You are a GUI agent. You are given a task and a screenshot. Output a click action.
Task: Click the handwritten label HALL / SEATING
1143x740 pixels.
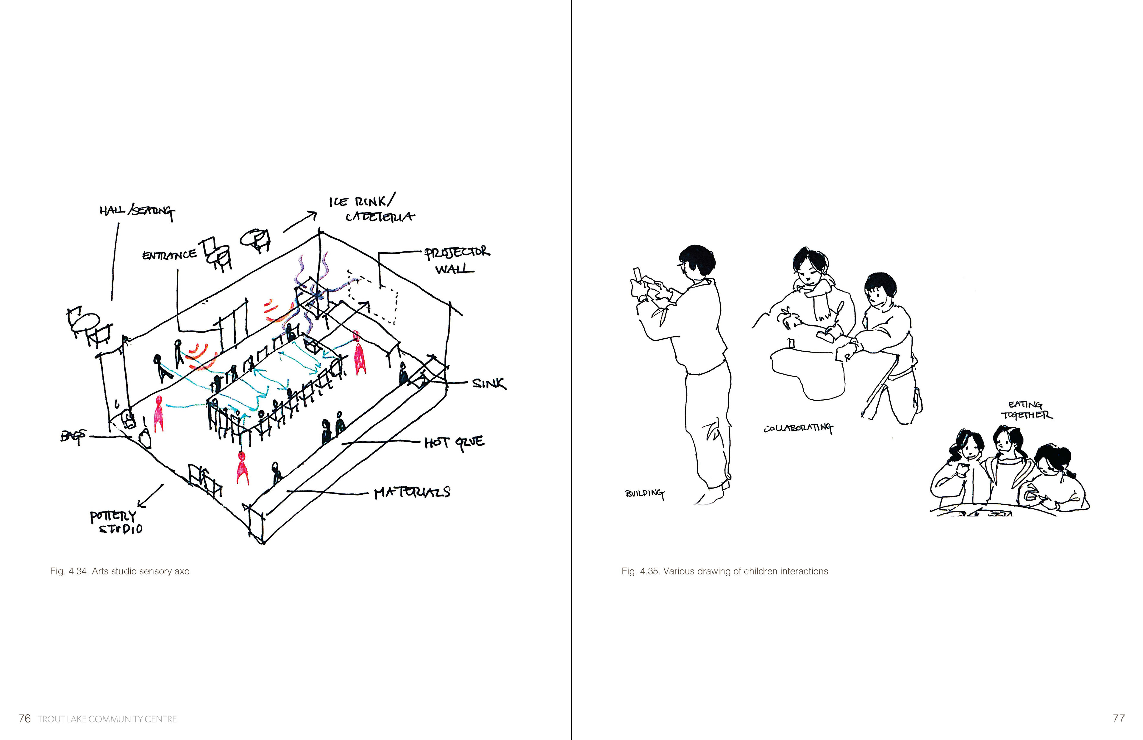[x=137, y=211]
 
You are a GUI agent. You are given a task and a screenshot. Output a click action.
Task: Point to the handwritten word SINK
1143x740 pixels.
[x=488, y=384]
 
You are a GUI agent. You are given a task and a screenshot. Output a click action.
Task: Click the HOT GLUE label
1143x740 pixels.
[x=454, y=443]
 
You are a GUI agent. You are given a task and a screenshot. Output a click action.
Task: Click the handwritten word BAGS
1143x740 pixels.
[x=73, y=436]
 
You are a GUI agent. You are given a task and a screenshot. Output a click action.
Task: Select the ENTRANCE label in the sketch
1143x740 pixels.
[x=169, y=255]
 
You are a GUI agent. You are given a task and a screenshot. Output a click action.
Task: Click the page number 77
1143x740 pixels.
[x=1119, y=718]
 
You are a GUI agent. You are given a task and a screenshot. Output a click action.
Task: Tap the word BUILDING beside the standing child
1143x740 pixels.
[x=644, y=493]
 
